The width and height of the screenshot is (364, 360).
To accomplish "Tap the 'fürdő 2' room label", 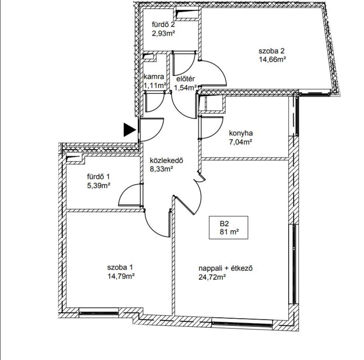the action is pyautogui.click(x=163, y=25).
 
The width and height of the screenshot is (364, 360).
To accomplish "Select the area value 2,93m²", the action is pyautogui.click(x=163, y=33).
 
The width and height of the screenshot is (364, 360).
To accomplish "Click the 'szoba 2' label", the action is pyautogui.click(x=271, y=51).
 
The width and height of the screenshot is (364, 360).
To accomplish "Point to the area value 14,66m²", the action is pyautogui.click(x=272, y=60).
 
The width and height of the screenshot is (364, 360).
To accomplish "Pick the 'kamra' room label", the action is pyautogui.click(x=154, y=77).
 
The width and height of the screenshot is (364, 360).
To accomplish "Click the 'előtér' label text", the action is pyautogui.click(x=186, y=79).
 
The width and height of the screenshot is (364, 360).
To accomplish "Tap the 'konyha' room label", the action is pyautogui.click(x=241, y=133).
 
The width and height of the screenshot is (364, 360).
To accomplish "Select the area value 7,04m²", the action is pyautogui.click(x=241, y=142).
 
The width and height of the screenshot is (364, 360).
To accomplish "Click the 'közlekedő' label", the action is pyautogui.click(x=166, y=160).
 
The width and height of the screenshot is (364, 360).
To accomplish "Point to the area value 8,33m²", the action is pyautogui.click(x=162, y=169).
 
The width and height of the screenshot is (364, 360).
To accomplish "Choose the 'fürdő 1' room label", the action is pyautogui.click(x=98, y=177).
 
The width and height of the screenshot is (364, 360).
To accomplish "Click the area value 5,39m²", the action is pyautogui.click(x=98, y=185).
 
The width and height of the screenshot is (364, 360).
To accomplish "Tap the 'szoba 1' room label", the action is pyautogui.click(x=120, y=268).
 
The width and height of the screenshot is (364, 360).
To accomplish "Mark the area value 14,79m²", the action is pyautogui.click(x=121, y=276).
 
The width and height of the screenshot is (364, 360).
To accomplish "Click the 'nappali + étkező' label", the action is pyautogui.click(x=225, y=268).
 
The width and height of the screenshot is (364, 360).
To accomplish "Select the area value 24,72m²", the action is pyautogui.click(x=212, y=277).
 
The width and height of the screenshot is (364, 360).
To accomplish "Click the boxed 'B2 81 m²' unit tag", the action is pyautogui.click(x=229, y=228).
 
